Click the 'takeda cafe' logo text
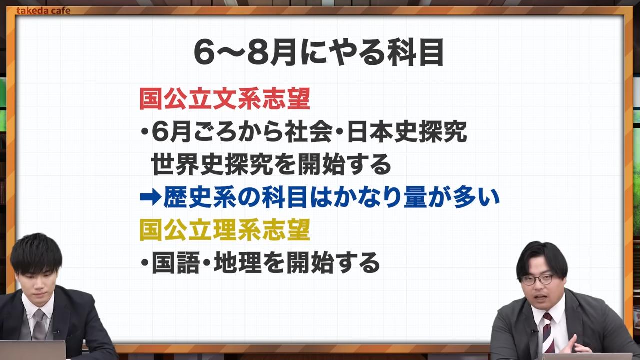point(43,10)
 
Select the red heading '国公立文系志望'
point(225,99)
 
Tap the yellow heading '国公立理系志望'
point(225,230)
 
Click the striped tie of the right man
point(548,332)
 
